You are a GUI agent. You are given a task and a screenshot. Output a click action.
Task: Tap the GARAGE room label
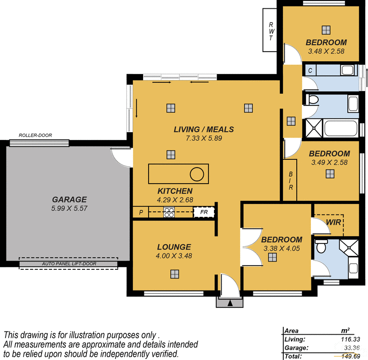(x=69, y=199)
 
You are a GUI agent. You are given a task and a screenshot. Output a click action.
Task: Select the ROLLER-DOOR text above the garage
(x=35, y=135)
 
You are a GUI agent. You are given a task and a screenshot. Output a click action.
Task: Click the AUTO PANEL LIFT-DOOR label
(x=69, y=264)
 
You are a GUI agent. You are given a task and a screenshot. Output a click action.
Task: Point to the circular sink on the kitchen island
(x=197, y=174)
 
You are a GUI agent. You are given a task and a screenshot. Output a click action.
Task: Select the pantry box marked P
(x=140, y=213)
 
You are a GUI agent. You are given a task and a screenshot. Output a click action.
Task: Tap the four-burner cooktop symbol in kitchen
(x=168, y=212)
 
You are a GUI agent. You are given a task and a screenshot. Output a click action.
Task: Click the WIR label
(x=333, y=222)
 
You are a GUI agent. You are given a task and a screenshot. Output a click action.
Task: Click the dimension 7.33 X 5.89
(x=204, y=138)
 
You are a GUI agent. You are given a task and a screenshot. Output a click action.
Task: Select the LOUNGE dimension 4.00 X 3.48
(x=173, y=256)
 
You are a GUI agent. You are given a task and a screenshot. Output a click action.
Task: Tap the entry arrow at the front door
(x=230, y=302)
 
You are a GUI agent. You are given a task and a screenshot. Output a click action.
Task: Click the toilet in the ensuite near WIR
(x=321, y=246)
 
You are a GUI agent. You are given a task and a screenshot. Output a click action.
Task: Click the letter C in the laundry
(x=310, y=70)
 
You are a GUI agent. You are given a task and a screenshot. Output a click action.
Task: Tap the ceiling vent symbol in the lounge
(x=174, y=274)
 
